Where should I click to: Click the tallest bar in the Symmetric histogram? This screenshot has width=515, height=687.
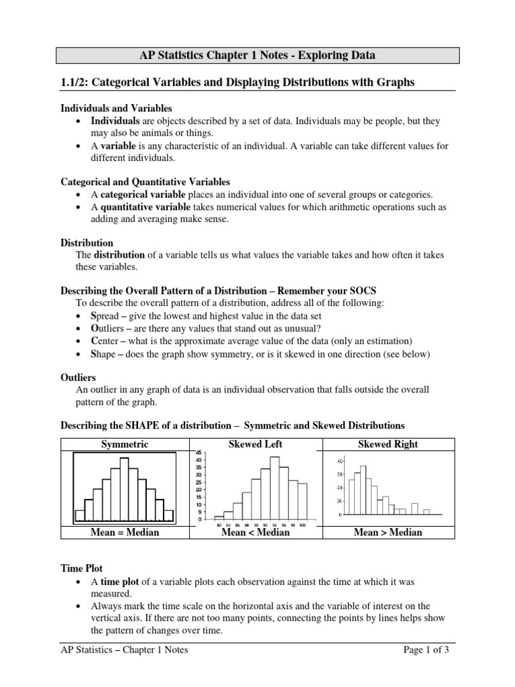(124, 490)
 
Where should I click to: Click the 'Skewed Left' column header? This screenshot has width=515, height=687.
(255, 444)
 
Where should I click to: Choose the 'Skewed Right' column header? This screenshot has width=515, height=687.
(389, 444)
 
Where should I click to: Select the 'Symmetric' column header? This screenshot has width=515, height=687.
(125, 444)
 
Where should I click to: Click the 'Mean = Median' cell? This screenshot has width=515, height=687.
(125, 532)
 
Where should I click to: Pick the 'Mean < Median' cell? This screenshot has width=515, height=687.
(255, 532)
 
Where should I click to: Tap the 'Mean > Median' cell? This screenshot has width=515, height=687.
(389, 532)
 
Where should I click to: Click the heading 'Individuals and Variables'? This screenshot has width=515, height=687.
(117, 108)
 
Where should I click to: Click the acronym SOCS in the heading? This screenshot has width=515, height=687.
(363, 290)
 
